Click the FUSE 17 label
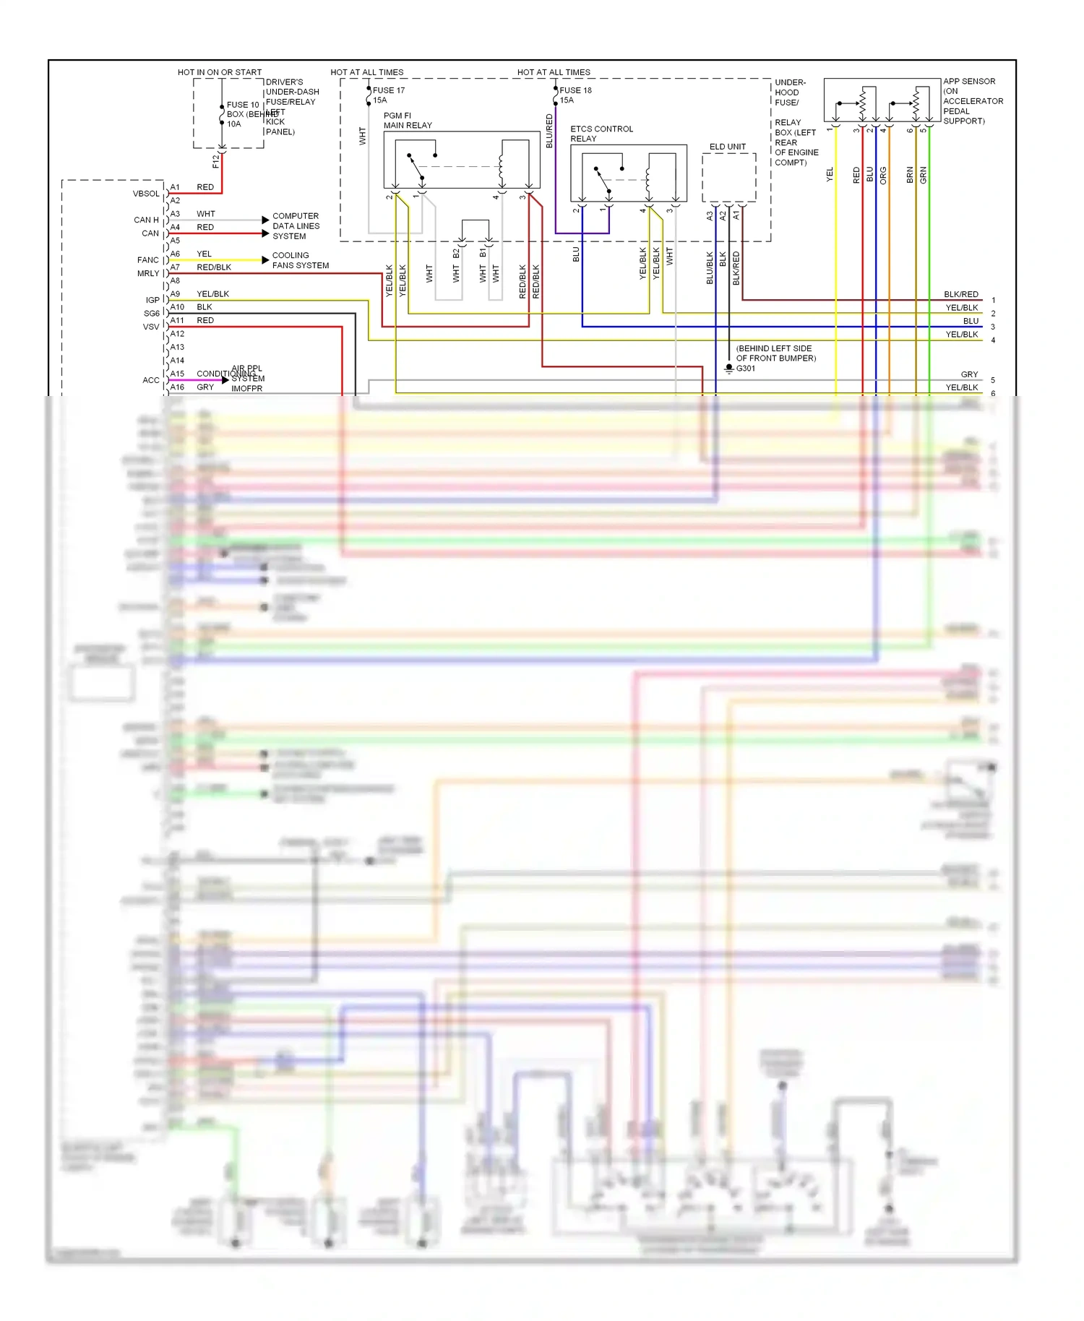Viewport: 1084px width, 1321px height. click(x=388, y=90)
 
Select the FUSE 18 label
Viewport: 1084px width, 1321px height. click(x=575, y=90)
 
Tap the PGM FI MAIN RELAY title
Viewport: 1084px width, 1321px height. click(x=407, y=121)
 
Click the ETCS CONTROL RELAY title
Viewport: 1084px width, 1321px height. click(x=601, y=134)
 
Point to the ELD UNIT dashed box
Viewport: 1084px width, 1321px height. click(x=728, y=177)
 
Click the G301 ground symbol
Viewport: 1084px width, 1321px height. click(x=729, y=369)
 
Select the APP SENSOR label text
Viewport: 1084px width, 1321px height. click(x=968, y=82)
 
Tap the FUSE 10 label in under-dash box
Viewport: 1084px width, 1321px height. click(x=242, y=105)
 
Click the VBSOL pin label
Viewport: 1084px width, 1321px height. click(x=146, y=194)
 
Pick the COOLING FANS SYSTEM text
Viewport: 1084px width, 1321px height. click(x=299, y=261)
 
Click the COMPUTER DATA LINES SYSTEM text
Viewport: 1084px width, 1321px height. click(x=296, y=226)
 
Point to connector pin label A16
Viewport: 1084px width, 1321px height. click(x=177, y=387)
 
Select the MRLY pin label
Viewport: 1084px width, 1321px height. click(x=148, y=274)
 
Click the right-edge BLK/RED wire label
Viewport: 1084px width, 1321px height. click(x=960, y=294)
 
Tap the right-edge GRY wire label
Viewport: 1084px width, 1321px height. click(x=969, y=374)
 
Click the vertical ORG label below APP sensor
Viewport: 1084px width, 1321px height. click(x=883, y=176)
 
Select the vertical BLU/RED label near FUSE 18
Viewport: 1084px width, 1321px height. click(x=549, y=132)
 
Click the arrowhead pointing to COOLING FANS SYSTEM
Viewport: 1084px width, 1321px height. click(x=265, y=260)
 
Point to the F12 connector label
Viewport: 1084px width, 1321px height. click(x=215, y=161)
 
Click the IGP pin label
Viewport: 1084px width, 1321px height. click(x=152, y=300)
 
